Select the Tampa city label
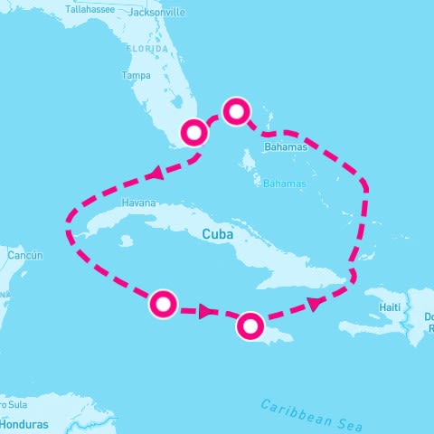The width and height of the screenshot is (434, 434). point(135,75)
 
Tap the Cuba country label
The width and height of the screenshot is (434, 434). point(218,233)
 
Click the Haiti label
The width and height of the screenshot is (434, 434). point(390,307)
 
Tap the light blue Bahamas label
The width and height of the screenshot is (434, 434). point(285,184)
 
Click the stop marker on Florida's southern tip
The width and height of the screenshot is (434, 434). point(195,133)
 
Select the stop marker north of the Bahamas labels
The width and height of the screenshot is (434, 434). point(236,111)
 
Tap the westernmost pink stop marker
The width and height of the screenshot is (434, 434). point(163,305)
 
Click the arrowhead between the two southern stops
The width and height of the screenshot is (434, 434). point(207,312)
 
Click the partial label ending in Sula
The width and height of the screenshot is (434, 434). point(13,404)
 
